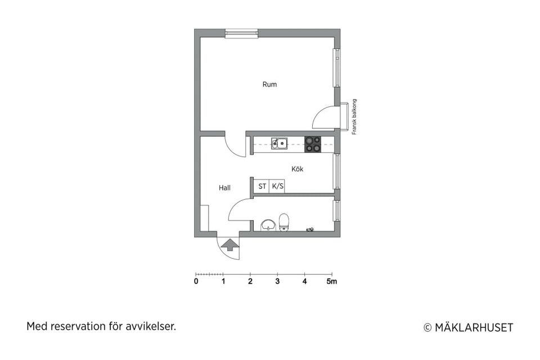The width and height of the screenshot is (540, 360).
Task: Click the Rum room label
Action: pos(269,84)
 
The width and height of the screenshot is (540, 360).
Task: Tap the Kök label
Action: pos(297,169)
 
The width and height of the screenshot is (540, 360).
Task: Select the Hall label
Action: pos(225,188)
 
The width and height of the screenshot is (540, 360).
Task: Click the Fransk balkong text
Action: pos(354,117)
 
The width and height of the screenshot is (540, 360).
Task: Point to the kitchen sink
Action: pos(279,143)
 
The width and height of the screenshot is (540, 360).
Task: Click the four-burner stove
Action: pos(313,144)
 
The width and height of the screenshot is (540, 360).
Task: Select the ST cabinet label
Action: pos(262,186)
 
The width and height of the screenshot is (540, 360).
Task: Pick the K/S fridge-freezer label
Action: pos(277,186)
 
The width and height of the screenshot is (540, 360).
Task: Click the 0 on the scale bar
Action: pos(196,281)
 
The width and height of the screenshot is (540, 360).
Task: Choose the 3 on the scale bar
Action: pos(277,281)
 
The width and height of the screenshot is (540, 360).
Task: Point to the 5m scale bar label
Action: pos(332,281)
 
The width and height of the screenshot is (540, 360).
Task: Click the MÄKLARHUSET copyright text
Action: pos(468,327)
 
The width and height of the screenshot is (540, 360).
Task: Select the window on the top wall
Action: pos(241,33)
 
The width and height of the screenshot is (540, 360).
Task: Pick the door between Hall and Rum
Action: pos(235,145)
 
